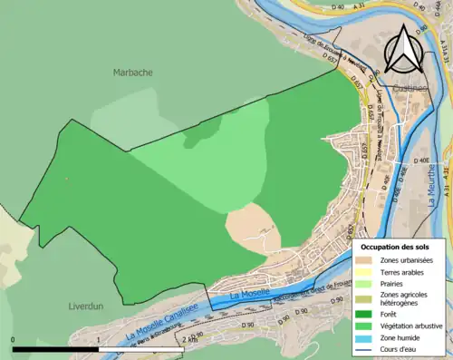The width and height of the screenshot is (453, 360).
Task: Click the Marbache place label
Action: (132, 73)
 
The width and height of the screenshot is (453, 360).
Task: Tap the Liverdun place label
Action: (87, 306)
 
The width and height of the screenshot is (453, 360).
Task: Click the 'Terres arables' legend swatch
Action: (365, 271)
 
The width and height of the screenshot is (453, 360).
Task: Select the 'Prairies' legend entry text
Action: (391, 283)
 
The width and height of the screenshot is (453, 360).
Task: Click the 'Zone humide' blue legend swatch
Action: (365, 336)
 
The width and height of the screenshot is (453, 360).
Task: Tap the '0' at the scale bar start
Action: (14, 339)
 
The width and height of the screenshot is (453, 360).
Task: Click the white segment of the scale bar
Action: (140, 348)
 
